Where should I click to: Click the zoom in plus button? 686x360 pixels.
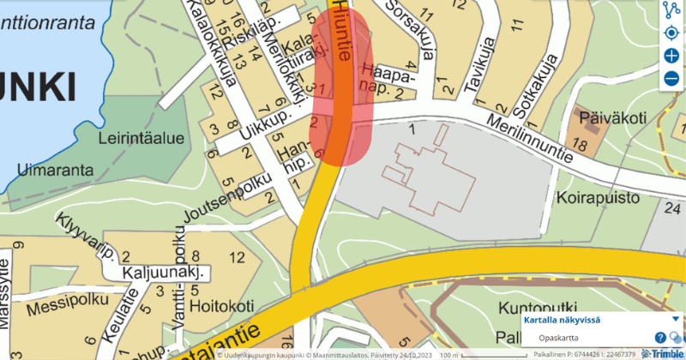click(x=671, y=56)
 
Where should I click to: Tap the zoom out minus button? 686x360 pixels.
click(x=671, y=79)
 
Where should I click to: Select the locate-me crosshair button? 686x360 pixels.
click(x=671, y=33)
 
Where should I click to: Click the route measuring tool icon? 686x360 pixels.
click(x=671, y=10)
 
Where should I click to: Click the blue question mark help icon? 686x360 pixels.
click(x=660, y=338)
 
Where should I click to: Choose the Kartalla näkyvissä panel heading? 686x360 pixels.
click(x=562, y=321)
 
